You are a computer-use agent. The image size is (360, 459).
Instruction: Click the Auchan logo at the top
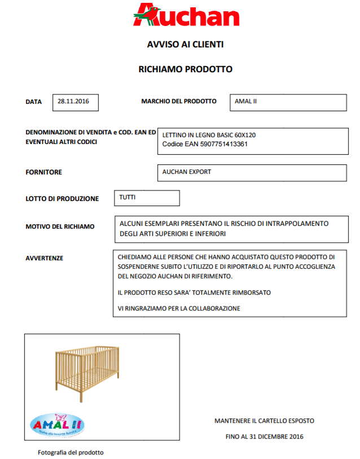pyautogui.click(x=186, y=15)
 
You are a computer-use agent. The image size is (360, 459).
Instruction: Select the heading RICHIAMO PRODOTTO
pyautogui.click(x=185, y=69)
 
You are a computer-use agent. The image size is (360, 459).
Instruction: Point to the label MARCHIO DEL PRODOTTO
pyautogui.click(x=178, y=102)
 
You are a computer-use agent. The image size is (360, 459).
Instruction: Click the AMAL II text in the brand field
pyautogui.click(x=247, y=102)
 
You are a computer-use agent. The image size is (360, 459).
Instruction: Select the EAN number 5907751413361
pyautogui.click(x=225, y=145)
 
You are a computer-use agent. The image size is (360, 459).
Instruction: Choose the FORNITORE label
pyautogui.click(x=44, y=172)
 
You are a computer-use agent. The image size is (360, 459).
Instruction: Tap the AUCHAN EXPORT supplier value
pyautogui.click(x=187, y=172)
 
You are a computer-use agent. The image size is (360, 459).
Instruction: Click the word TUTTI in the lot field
pyautogui.click(x=128, y=198)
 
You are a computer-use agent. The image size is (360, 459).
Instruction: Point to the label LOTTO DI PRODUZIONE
pyautogui.click(x=62, y=199)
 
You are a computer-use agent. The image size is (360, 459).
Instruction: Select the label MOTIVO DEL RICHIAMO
pyautogui.click(x=60, y=226)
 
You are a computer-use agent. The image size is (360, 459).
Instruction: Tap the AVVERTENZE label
pyautogui.click(x=45, y=258)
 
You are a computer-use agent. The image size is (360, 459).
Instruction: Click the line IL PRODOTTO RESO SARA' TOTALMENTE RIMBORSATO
pyautogui.click(x=194, y=292)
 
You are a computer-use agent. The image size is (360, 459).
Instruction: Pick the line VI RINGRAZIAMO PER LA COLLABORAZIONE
pyautogui.click(x=179, y=308)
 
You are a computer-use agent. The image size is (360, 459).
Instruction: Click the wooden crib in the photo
pyautogui.click(x=87, y=373)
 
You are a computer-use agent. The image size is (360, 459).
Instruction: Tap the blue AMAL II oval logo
pyautogui.click(x=57, y=425)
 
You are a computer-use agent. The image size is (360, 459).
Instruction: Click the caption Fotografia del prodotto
pyautogui.click(x=71, y=452)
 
